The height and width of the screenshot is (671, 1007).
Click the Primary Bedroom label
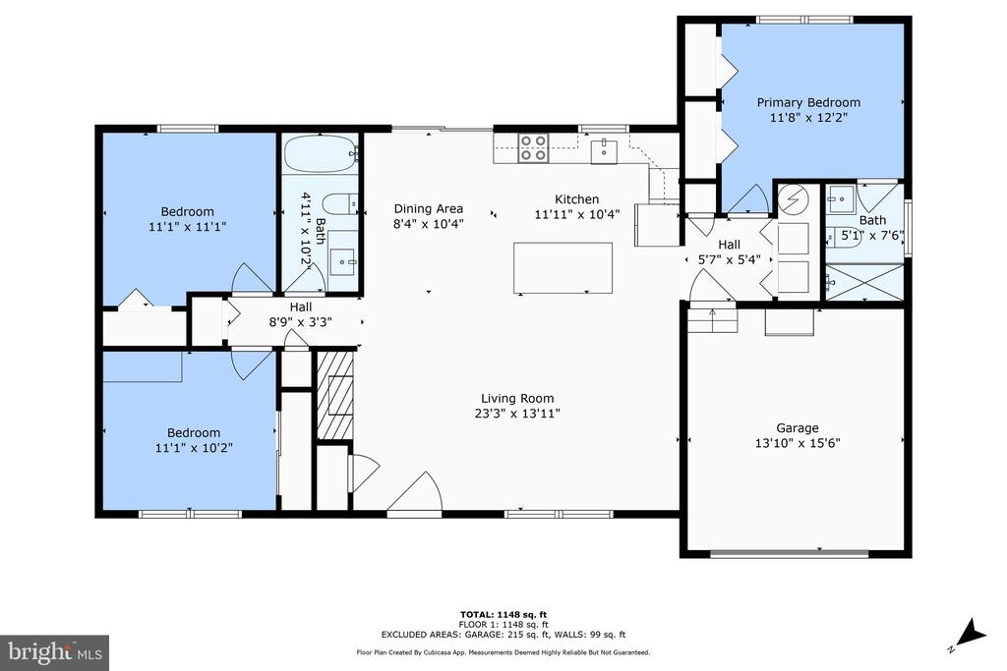click(808, 102)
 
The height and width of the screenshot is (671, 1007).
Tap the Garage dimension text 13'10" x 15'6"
click(798, 443)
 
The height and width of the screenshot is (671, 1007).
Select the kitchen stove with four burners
click(533, 147)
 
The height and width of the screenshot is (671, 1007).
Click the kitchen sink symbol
click(604, 151)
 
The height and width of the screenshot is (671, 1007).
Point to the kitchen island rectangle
click(563, 267)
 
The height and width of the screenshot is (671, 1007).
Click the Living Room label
click(517, 398)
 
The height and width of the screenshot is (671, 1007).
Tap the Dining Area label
click(429, 208)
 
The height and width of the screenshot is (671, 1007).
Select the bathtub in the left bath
click(320, 153)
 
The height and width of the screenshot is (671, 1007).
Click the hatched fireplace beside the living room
click(334, 395)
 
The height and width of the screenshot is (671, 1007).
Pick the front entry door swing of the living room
click(416, 492)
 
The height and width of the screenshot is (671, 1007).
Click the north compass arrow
click(970, 634)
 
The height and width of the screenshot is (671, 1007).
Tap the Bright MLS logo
click(55, 652)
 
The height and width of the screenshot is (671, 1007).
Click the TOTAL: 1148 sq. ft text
click(503, 615)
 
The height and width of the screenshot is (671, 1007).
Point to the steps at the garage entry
click(712, 319)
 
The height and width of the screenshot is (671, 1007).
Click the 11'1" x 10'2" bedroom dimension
click(194, 448)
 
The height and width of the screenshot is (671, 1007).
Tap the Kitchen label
click(576, 199)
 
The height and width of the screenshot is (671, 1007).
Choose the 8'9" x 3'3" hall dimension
click(301, 322)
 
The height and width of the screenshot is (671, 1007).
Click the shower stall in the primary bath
click(863, 282)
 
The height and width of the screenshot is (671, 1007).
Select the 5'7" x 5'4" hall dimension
click(729, 259)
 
